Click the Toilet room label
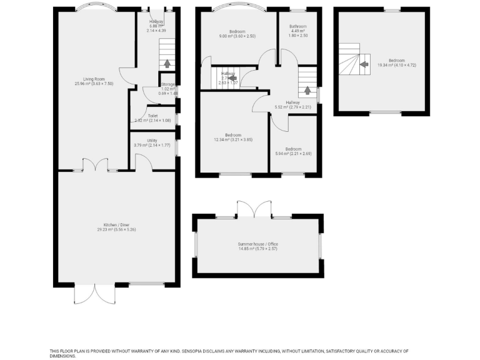point(152,116)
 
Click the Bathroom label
point(297,26)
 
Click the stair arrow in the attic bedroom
point(364,63)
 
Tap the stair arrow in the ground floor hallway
point(167,62)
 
